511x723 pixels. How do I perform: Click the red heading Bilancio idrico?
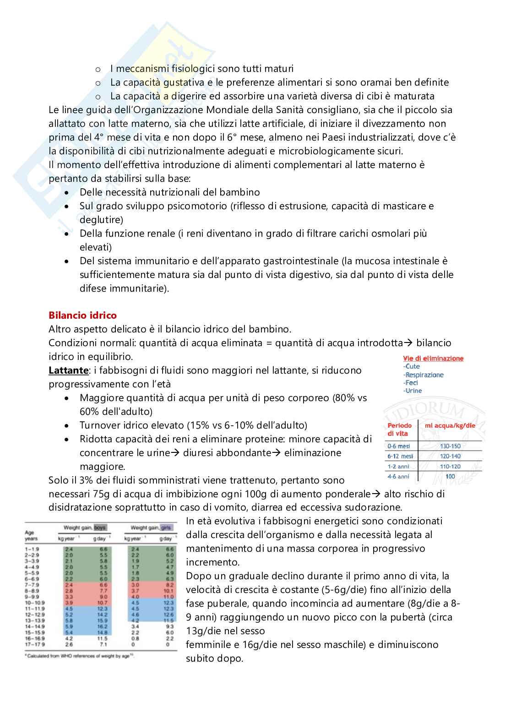(82, 315)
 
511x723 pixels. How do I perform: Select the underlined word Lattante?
(68, 370)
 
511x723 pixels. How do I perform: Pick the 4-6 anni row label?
(398, 476)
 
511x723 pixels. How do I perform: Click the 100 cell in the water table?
(450, 476)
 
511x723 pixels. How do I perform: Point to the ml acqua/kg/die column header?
(450, 425)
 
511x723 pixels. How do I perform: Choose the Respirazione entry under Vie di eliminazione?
(424, 375)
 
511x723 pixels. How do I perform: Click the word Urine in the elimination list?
(413, 391)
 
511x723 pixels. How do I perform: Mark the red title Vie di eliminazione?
(433, 359)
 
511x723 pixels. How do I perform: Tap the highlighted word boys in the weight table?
(100, 527)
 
